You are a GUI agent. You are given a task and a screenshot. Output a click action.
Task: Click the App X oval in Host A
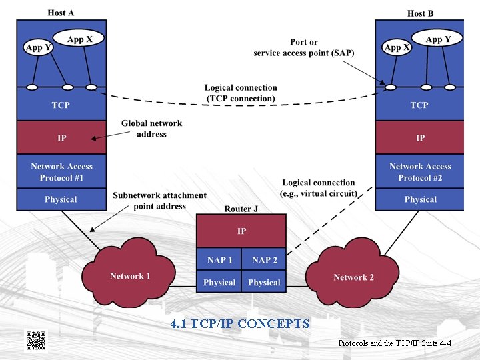[80, 39]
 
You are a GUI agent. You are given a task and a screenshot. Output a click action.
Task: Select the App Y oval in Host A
[38, 47]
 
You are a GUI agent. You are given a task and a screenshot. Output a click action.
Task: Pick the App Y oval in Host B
[438, 39]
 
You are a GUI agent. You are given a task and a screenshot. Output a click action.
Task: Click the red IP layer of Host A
[61, 138]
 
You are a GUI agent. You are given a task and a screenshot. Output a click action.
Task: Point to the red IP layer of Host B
[420, 138]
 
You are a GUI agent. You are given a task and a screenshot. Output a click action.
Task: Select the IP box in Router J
[241, 231]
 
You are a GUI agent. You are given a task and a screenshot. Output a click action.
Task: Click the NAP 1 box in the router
[219, 260]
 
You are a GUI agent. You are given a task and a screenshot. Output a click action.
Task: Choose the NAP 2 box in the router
[264, 260]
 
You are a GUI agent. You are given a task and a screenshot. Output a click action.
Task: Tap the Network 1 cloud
[130, 276]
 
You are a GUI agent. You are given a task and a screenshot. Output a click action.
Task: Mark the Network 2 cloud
[353, 277]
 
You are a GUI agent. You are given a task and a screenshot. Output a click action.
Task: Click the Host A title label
[61, 13]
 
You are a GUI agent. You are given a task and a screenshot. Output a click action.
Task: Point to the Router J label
[241, 209]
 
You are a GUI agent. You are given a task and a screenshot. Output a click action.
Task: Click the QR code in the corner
[35, 340]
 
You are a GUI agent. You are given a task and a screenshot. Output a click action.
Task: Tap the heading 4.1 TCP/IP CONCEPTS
[240, 324]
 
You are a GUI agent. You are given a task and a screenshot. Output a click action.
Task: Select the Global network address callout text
[151, 129]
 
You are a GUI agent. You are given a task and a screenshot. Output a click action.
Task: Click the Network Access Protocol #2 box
[420, 172]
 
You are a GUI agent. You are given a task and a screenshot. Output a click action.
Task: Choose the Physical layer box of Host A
[61, 199]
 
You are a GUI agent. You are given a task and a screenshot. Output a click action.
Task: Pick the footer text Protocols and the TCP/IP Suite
[395, 343]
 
